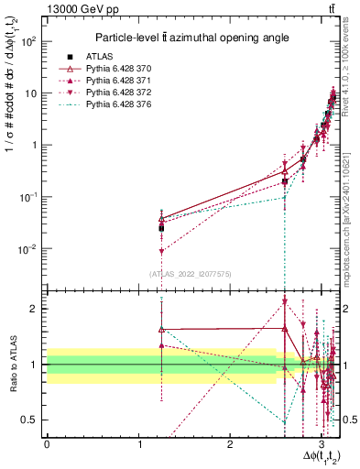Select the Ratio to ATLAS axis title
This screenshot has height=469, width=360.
13,365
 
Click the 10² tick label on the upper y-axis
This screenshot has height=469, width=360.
28,41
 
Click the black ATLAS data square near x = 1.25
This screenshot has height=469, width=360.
161,228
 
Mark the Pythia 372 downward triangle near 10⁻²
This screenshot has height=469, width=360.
161,250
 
